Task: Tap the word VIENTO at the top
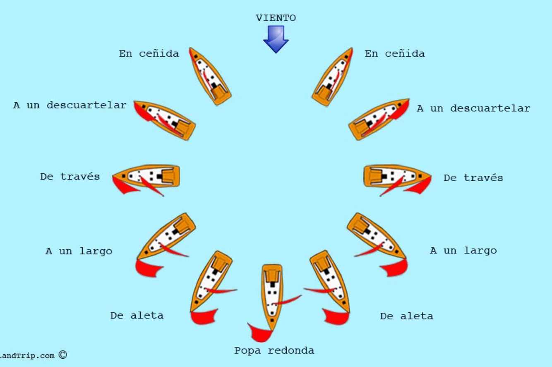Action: (276, 18)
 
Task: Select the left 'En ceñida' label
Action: (149, 54)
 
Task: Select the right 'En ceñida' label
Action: (394, 54)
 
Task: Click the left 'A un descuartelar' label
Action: (70, 105)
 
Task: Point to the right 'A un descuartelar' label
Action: (473, 108)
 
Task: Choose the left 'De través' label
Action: (70, 177)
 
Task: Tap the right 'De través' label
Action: (473, 178)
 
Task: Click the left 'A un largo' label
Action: (79, 251)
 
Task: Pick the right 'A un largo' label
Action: (463, 251)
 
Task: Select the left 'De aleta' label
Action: (137, 315)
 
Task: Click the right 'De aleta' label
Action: (406, 316)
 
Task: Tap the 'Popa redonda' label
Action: (274, 351)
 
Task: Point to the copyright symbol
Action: (62, 355)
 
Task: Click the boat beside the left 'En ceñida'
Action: (210, 77)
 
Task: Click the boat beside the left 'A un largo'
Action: (166, 236)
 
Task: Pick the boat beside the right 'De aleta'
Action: (330, 281)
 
